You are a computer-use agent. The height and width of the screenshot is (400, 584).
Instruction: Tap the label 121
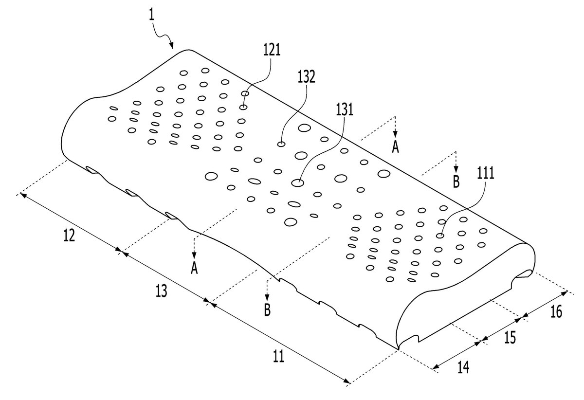click(x=272, y=50)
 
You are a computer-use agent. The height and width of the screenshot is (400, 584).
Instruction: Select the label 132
click(x=306, y=77)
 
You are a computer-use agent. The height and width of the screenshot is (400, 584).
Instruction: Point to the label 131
click(x=345, y=109)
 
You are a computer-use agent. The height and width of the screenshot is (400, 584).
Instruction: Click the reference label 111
click(x=486, y=173)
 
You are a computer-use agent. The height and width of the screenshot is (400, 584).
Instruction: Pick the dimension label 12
click(x=69, y=236)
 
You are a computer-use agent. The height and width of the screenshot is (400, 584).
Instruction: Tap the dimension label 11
click(x=278, y=356)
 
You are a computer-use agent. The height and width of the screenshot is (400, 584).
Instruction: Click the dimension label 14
click(x=463, y=367)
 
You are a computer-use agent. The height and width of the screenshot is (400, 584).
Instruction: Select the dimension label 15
click(x=510, y=338)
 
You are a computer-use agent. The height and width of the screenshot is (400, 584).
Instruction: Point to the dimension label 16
click(x=556, y=312)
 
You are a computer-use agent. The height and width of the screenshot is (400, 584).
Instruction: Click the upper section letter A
click(x=396, y=147)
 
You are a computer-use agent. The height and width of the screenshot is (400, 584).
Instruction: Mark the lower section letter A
click(x=194, y=268)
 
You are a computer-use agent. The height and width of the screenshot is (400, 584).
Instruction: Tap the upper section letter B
click(x=456, y=182)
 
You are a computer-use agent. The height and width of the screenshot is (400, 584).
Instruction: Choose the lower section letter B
click(x=267, y=310)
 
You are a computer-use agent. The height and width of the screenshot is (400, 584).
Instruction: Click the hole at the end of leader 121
click(x=243, y=107)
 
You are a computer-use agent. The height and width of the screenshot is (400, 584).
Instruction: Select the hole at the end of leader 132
click(x=281, y=144)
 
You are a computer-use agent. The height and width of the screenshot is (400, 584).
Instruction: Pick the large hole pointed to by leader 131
click(x=297, y=183)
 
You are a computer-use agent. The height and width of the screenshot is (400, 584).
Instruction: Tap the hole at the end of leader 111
click(x=440, y=236)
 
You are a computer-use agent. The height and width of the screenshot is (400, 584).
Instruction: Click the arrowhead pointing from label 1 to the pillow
click(x=171, y=46)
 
